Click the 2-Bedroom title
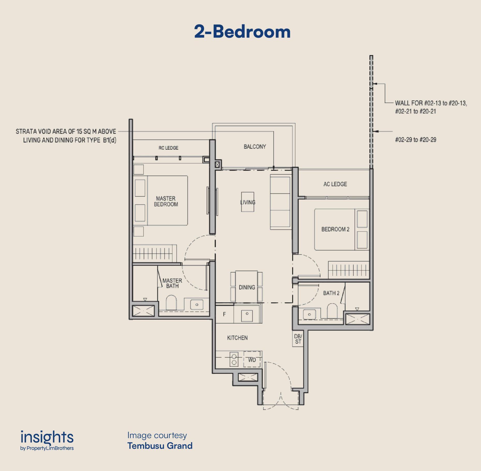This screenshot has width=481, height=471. coord(242,32)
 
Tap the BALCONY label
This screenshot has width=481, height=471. coord(255,147)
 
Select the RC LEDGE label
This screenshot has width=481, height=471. coord(168,148)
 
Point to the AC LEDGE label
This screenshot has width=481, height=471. coord(335,184)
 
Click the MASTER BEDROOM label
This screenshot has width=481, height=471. coord(166,201)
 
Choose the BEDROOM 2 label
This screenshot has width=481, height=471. coord(335,229)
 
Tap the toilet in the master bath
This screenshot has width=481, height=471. coord(171,303)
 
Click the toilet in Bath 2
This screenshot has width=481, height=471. coord(332,311)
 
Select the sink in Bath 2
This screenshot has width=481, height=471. coord(310,315)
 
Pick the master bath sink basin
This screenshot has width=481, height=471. coord(197,305)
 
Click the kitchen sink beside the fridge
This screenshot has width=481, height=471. coord(247,316)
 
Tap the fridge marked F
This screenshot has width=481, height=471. coord(224,314)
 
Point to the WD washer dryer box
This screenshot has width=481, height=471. coord(252,360)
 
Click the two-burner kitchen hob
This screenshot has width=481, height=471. coord(234,360)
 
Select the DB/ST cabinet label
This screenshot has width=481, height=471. coord(298,339)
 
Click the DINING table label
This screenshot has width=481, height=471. coord(247,287)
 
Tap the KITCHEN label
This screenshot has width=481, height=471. coord(237,338)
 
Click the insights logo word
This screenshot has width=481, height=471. coord(47,437)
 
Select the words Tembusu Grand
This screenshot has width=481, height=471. coord(160,446)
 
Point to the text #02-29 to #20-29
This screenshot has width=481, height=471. coord(416,140)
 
